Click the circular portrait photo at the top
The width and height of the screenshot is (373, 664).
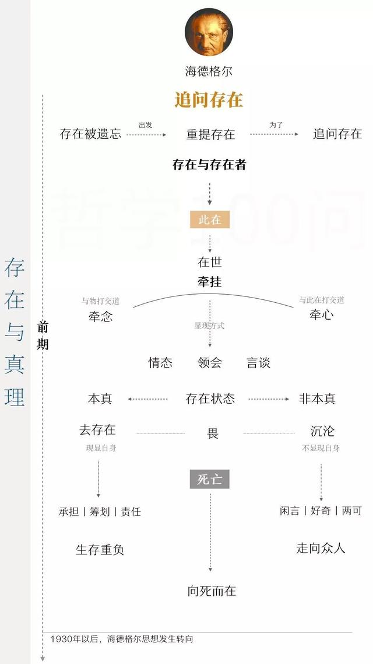209,32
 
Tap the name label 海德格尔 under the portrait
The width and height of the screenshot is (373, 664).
209,71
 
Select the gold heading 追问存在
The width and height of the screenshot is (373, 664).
209,100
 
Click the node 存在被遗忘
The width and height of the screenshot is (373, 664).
90,134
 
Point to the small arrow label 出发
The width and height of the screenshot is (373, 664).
146,125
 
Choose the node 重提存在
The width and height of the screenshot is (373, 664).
210,134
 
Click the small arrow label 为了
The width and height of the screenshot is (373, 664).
276,125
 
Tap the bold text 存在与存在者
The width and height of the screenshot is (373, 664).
209,165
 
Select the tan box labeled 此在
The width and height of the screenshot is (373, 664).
210,220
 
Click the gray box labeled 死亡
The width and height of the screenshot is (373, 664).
209,480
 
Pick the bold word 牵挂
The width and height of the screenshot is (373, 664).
210,282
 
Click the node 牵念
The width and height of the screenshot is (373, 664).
101,316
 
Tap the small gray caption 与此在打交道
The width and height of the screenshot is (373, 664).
322,300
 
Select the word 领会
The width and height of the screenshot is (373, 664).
210,362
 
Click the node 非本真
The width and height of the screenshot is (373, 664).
317,399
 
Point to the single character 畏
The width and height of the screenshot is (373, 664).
213,433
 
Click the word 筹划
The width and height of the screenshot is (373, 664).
100,512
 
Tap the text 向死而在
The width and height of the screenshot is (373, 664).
212,590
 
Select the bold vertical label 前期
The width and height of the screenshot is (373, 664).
43,336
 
